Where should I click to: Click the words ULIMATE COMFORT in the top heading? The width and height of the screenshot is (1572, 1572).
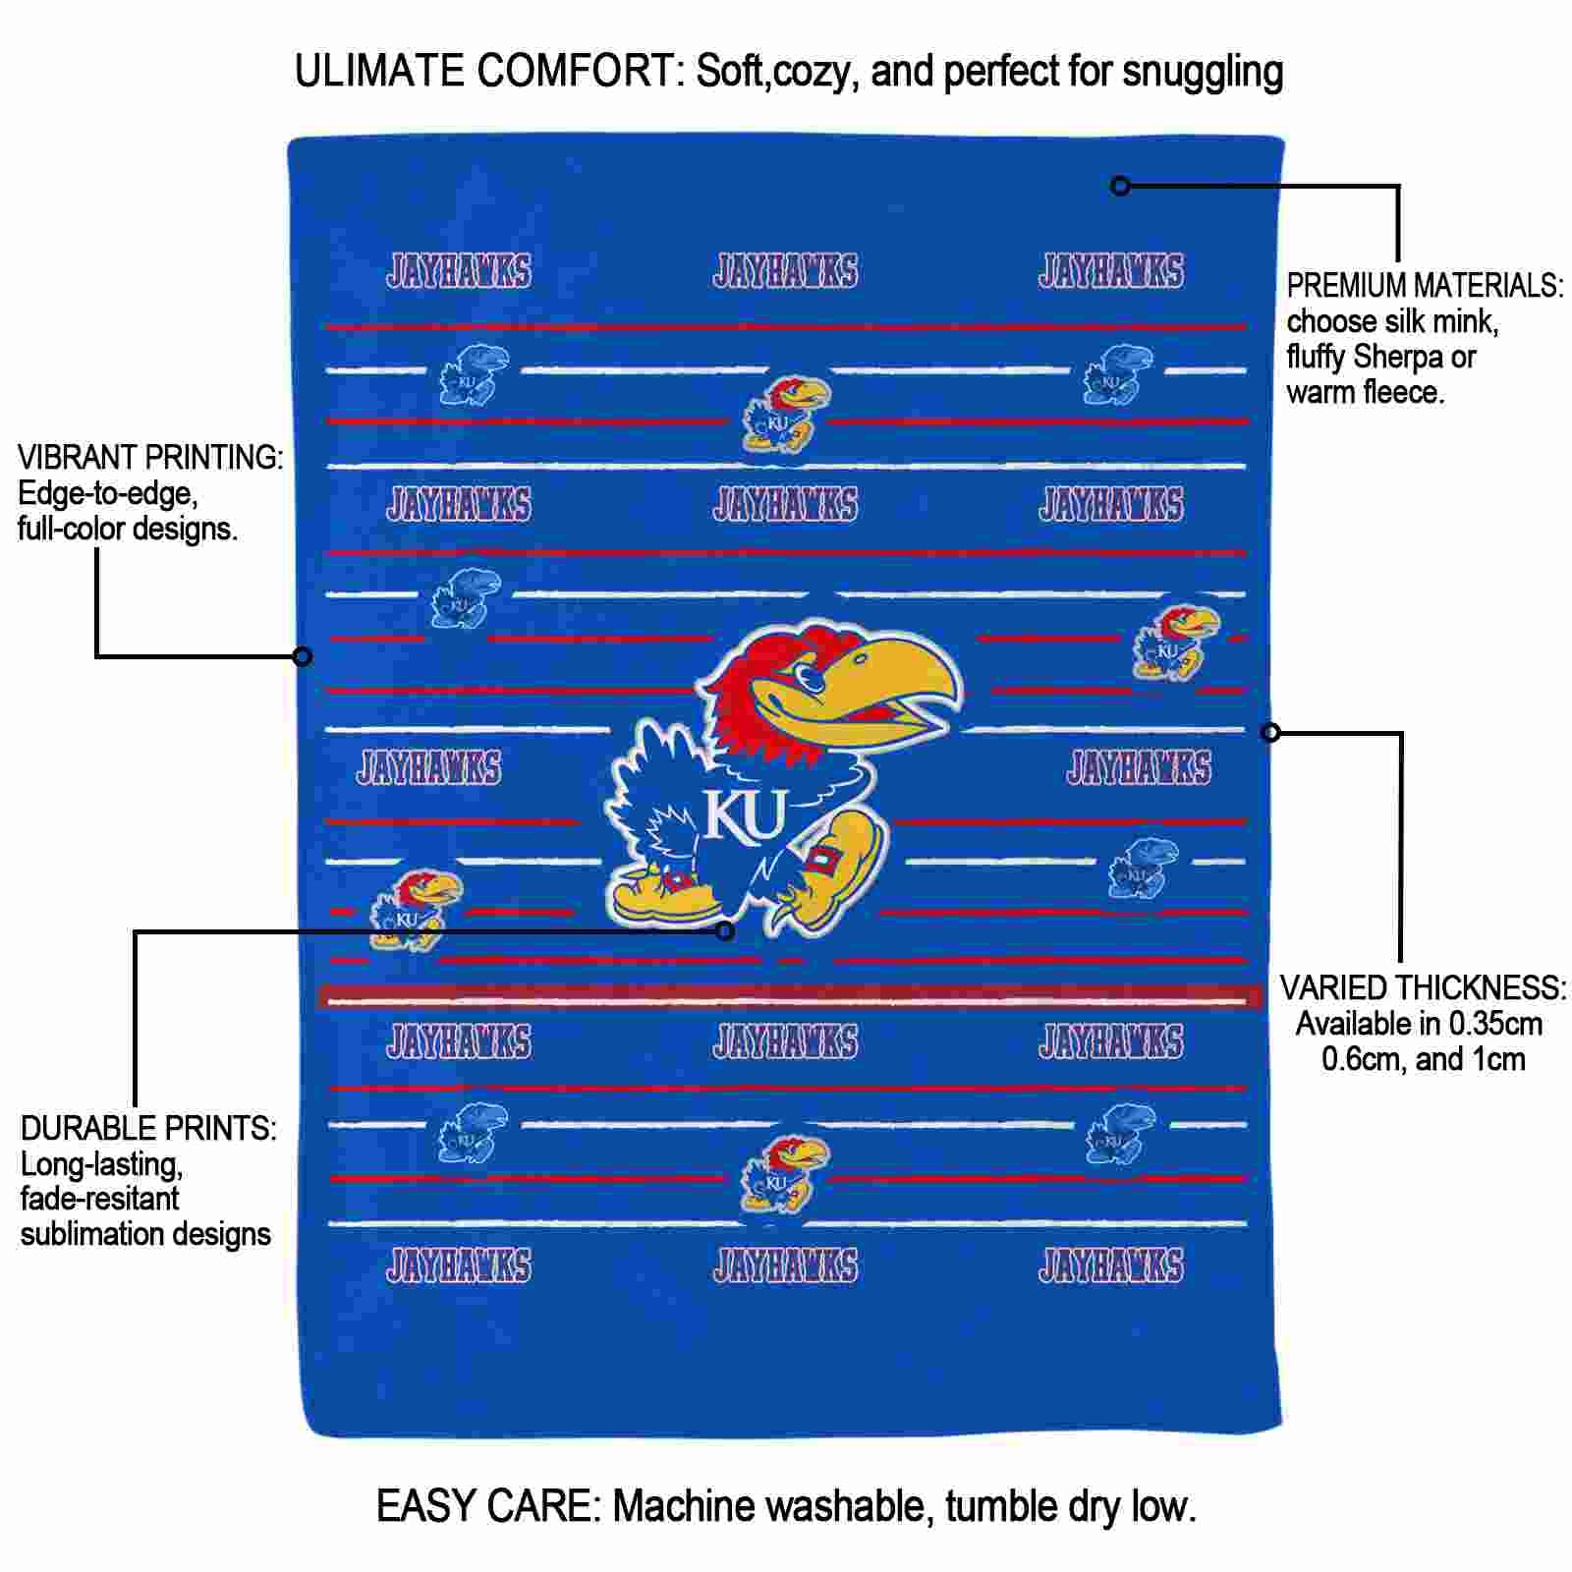pyautogui.click(x=490, y=72)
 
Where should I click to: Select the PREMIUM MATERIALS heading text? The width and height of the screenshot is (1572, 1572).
pyautogui.click(x=1426, y=286)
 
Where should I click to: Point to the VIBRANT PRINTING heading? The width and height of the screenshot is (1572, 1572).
pyautogui.click(x=150, y=457)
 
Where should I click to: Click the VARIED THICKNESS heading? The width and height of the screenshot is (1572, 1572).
pyautogui.click(x=1423, y=987)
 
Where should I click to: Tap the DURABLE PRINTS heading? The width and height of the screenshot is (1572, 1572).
pyautogui.click(x=148, y=1129)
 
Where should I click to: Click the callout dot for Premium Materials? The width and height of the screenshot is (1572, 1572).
pyautogui.click(x=1120, y=186)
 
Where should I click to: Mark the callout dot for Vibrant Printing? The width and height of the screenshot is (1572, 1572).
pyautogui.click(x=303, y=656)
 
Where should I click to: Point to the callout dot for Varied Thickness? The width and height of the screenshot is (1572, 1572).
pyautogui.click(x=1270, y=732)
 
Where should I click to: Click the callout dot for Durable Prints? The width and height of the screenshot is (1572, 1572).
pyautogui.click(x=725, y=930)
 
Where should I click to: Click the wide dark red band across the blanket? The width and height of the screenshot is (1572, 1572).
pyautogui.click(x=791, y=997)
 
